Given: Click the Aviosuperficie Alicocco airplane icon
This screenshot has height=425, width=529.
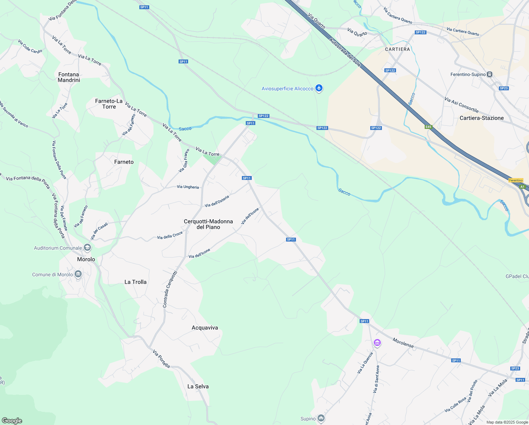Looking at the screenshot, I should pos(319,88).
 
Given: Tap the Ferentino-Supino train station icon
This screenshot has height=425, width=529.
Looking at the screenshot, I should pos(489,74).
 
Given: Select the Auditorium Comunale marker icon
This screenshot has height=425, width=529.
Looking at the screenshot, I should pos(87,248).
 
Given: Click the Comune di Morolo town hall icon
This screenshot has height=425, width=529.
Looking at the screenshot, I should pos(78,274).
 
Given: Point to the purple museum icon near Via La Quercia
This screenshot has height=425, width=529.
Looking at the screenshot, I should pos(377,342).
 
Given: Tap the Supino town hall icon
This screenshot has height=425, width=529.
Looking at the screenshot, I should pos(321,419).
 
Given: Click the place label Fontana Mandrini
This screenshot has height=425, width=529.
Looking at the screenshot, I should pos(69,77).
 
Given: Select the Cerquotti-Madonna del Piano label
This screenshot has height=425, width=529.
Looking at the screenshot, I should pos(208,224).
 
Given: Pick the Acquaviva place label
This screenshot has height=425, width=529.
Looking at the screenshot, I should pos(205,328).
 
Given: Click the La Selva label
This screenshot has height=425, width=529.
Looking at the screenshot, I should pos(198,386).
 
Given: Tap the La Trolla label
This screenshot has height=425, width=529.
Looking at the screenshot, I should pos(135,282).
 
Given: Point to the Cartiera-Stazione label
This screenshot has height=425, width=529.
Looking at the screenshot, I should pos(482,118).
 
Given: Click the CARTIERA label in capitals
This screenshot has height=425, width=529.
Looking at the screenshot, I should pos(397,49).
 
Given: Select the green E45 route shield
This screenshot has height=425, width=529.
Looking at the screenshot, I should pos(429,127).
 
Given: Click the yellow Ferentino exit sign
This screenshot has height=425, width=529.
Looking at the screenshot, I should pos(516,180).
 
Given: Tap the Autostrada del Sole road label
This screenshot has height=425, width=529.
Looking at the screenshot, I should pos(345,52).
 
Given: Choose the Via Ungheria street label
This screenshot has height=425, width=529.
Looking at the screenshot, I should pos(188,187).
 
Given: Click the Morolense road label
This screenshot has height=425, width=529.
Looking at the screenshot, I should pos(403,342).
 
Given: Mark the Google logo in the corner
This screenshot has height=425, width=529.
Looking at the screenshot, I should pos(12,420).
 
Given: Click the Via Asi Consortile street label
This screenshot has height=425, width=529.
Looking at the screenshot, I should pos(461,105).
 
